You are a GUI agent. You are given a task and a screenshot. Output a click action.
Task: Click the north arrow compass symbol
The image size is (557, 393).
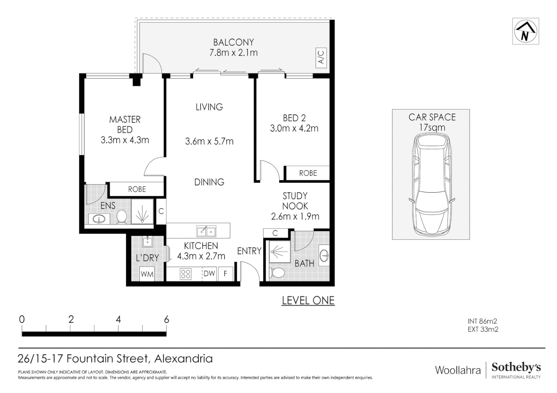[x=525, y=31]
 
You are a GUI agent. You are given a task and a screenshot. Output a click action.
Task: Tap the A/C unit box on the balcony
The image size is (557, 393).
[x=321, y=57]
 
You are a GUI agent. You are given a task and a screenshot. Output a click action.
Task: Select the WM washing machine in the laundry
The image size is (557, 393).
[x=147, y=274]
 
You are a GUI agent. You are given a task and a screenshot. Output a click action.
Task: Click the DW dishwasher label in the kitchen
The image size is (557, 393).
[x=209, y=273]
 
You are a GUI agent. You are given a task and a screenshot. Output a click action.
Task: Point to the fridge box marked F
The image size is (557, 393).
[x=226, y=274]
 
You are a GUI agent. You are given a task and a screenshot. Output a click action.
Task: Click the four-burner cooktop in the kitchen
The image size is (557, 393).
[x=186, y=274]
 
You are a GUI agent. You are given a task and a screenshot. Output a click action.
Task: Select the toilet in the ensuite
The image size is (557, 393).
[x=122, y=217]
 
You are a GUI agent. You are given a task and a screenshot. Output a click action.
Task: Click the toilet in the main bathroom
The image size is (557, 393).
[x=276, y=273]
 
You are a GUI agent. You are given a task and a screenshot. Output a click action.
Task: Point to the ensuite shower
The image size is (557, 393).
[x=142, y=211]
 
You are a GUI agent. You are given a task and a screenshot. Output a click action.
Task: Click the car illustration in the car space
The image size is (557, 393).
[x=431, y=184]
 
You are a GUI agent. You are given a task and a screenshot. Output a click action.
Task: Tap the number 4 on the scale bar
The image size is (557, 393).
[x=118, y=319]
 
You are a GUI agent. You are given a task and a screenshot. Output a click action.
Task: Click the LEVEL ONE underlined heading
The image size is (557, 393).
[x=308, y=301]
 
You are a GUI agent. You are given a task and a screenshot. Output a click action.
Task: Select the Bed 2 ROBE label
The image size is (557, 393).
[x=308, y=173]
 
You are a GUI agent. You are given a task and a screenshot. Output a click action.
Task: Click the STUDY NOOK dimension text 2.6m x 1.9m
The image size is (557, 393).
[x=295, y=217]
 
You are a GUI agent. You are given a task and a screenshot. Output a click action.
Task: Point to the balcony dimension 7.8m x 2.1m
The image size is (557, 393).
[x=234, y=53]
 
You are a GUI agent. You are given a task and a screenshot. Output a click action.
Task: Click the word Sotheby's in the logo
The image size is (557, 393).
[x=516, y=368]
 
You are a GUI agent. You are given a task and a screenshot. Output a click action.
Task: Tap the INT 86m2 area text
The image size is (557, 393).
[x=482, y=321]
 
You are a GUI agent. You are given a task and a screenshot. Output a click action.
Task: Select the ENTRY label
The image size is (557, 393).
[x=249, y=251]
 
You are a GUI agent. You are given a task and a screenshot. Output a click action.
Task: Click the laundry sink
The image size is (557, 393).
[x=148, y=242]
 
